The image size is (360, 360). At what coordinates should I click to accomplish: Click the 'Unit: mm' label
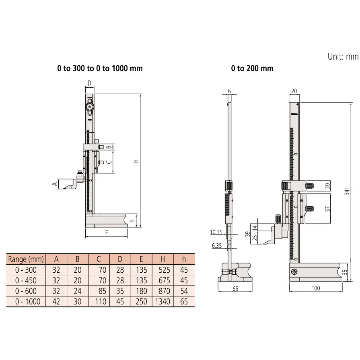pos(343,57)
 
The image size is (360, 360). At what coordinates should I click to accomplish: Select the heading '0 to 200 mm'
pos(252,68)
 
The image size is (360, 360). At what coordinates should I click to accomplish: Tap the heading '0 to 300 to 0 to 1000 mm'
pos(100,68)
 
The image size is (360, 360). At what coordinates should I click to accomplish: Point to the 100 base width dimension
pos(315,288)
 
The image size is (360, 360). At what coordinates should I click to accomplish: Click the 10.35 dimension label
pos(216,232)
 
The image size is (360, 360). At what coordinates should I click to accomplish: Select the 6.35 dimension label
pos(216,246)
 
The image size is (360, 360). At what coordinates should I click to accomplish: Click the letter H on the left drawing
pos(136,160)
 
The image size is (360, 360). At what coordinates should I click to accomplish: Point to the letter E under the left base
pos(107,232)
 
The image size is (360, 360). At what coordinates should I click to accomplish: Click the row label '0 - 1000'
pos(27,301)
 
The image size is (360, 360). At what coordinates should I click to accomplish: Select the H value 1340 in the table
pos(162,301)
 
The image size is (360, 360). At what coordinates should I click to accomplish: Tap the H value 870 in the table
pos(163,291)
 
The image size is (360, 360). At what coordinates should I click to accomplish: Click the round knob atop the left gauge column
pos(89,107)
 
